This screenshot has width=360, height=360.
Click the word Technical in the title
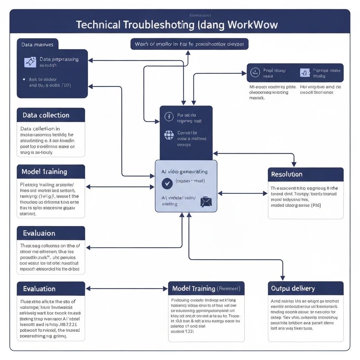point(97,25)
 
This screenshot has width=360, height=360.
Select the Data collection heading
point(46,115)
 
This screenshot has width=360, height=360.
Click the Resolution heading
point(287,174)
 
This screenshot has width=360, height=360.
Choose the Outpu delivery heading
point(293,289)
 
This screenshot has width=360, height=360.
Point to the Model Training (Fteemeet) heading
point(206,289)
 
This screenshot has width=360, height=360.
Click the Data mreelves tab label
point(37,45)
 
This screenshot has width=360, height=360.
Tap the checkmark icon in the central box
point(166,184)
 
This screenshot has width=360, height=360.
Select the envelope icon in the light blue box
point(206,201)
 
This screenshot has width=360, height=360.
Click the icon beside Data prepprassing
point(30,62)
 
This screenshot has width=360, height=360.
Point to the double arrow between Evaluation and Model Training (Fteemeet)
point(127,289)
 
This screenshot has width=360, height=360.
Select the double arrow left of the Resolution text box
point(243,193)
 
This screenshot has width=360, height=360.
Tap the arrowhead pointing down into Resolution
point(294,164)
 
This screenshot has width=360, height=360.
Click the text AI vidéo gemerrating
point(184,172)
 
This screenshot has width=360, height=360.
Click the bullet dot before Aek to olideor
point(24,79)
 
